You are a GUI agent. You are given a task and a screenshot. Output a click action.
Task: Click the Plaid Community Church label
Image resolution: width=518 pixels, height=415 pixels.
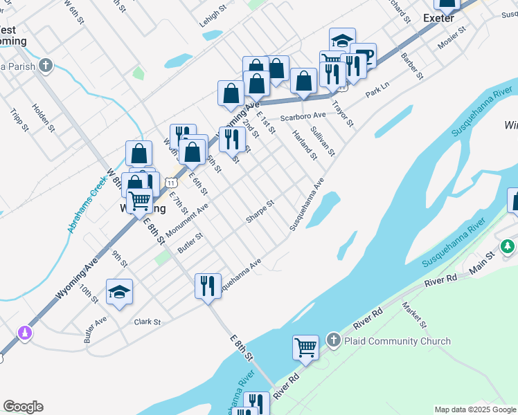(397, 341)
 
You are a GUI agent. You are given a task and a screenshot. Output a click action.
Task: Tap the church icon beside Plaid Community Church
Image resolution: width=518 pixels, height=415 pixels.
(333, 340)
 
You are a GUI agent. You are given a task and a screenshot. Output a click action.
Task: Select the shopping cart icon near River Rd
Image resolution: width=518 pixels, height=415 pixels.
(305, 347)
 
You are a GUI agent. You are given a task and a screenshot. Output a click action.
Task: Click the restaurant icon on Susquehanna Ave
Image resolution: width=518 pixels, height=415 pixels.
(208, 286)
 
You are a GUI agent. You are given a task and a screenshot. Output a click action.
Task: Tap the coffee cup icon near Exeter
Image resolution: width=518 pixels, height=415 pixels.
(363, 55)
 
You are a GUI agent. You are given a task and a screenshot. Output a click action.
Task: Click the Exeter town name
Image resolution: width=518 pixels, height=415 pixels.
(438, 18)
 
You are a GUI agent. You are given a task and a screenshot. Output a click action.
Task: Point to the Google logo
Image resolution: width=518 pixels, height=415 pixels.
(23, 407)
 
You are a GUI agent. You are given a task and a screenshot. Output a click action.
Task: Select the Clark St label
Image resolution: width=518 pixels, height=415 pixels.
(148, 322)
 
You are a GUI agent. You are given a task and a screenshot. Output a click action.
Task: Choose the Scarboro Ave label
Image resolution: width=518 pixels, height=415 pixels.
(303, 116)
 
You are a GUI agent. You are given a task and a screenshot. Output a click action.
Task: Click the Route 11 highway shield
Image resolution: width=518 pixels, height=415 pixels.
(172, 181)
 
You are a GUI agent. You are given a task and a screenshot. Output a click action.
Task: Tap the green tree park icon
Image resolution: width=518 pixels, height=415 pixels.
(508, 246)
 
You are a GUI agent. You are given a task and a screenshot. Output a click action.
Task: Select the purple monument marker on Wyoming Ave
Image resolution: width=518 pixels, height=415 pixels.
(25, 333)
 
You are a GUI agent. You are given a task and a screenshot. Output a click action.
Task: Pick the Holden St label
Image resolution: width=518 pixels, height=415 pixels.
(43, 118)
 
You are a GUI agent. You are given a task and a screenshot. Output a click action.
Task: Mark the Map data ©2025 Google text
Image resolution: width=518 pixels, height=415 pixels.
(475, 409)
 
